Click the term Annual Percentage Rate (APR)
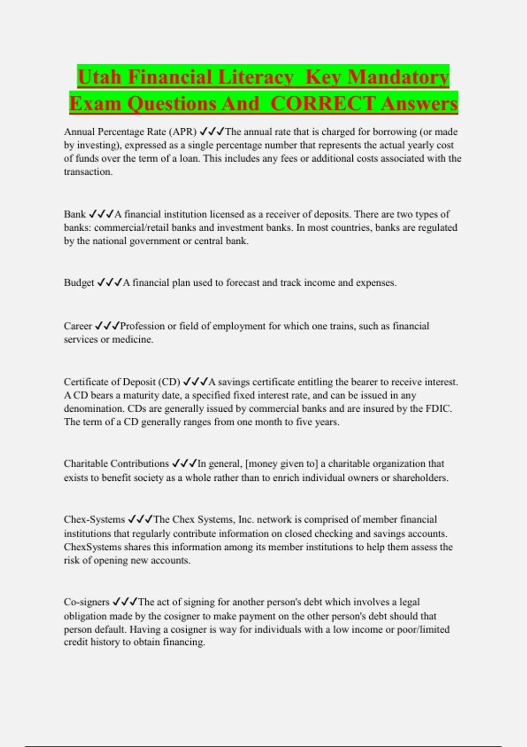tap(130, 132)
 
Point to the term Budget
tap(79, 283)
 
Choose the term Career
tap(78, 326)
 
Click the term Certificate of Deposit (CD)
tap(122, 382)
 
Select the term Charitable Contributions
tap(116, 464)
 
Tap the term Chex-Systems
tap(94, 519)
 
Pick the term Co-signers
tap(87, 602)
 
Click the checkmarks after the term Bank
tap(101, 214)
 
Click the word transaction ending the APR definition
tap(88, 172)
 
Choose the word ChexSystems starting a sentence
tap(92, 547)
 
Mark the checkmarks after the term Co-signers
tap(125, 602)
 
